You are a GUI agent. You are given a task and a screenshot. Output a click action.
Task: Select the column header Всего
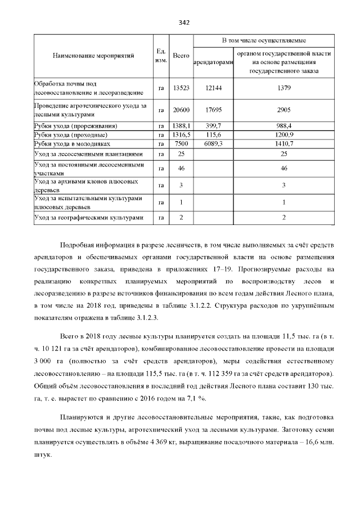[x=181, y=56]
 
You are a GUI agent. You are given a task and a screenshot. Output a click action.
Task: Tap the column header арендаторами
[x=213, y=62]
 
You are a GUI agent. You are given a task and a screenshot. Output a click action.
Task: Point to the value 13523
[x=181, y=88]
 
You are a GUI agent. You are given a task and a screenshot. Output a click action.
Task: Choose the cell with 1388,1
[x=181, y=126]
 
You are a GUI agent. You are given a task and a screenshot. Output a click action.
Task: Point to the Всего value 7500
[x=181, y=144]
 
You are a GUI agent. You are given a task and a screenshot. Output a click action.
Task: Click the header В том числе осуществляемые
[x=264, y=41]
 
